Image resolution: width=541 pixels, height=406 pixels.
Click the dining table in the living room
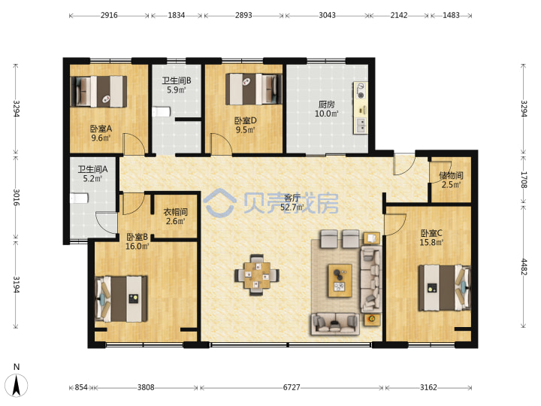click(x=257, y=275)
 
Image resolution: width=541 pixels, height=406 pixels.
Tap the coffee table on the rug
click(x=340, y=280)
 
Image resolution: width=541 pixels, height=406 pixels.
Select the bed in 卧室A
click(x=98, y=92)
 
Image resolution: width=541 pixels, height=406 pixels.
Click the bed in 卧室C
click(x=445, y=288)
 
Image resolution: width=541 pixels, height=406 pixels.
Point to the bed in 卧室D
click(x=254, y=89)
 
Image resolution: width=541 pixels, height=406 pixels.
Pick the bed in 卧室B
click(x=121, y=298)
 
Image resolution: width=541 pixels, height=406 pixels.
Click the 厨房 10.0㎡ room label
click(x=326, y=109)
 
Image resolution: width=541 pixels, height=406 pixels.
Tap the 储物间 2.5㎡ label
click(x=451, y=180)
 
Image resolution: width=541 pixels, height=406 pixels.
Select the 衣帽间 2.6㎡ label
click(x=175, y=216)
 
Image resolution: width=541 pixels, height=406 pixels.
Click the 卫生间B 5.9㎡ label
click(x=177, y=85)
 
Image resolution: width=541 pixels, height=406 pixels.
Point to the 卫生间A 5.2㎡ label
click(x=92, y=174)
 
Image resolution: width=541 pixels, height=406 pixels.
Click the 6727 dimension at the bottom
click(x=292, y=387)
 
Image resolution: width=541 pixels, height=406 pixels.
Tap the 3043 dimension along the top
click(x=327, y=15)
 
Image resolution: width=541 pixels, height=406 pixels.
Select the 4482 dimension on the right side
click(x=524, y=267)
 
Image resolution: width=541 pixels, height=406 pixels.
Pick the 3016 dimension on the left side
click(x=17, y=197)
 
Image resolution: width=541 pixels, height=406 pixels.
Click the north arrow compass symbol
click(x=17, y=380)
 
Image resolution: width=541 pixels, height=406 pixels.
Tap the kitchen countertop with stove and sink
click(x=360, y=108)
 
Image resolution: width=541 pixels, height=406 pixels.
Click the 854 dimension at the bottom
click(x=81, y=387)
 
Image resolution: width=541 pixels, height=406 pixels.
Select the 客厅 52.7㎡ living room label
click(x=292, y=203)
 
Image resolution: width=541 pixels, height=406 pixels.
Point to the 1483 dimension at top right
click(x=451, y=15)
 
